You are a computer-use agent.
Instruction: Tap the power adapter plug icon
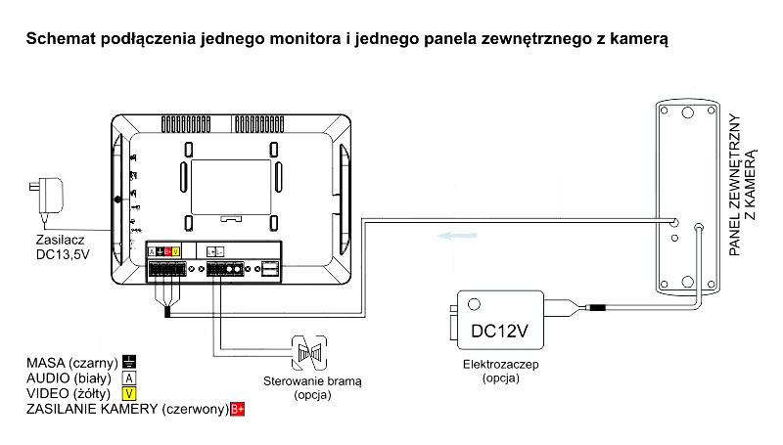tap(47, 194)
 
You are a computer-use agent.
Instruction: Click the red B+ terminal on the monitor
tap(167, 251)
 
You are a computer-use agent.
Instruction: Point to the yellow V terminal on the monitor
tap(176, 251)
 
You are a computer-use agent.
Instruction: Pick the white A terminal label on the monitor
tap(152, 251)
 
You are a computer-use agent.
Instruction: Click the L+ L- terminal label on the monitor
tap(216, 251)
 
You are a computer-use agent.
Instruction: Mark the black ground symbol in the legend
tap(128, 362)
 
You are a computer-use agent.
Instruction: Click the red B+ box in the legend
tap(236, 408)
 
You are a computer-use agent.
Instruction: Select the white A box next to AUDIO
tap(128, 378)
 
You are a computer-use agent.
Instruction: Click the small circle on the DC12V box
tap(475, 304)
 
